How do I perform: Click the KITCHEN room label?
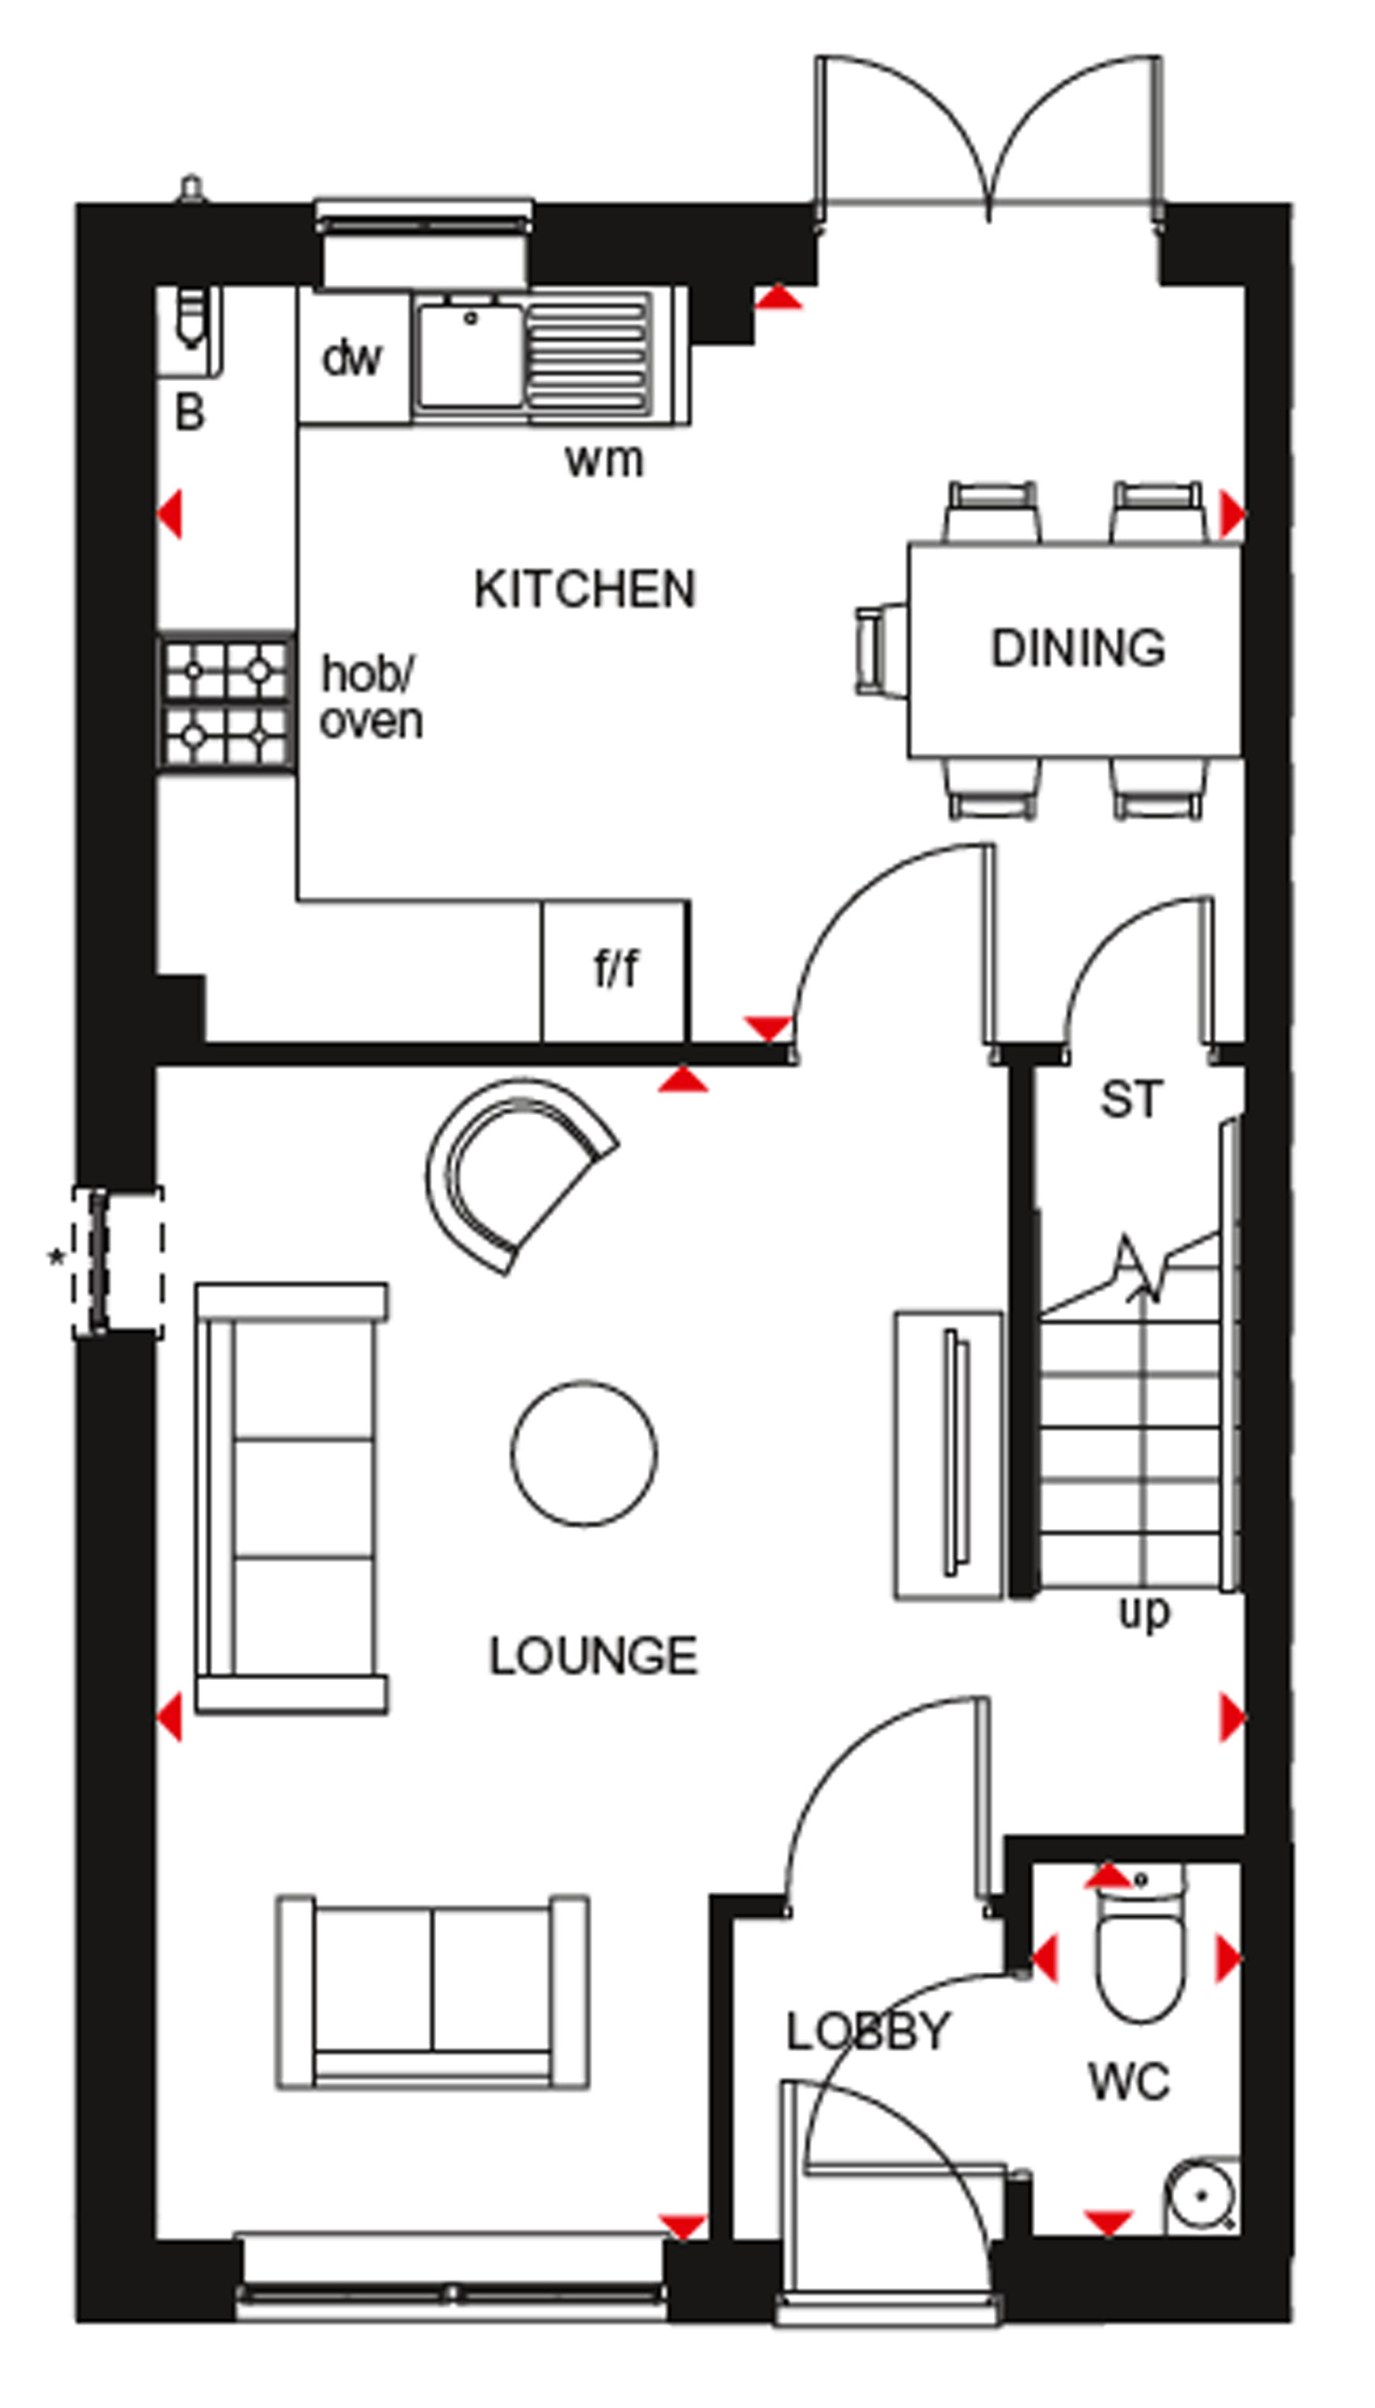coord(584,589)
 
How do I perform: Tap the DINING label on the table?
coord(1078,648)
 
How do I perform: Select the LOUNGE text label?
coord(593,1656)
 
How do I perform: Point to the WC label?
coord(1130,2081)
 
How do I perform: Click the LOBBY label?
coord(868,2031)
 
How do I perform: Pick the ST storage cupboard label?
coord(1131,1100)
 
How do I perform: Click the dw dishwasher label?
coord(351,357)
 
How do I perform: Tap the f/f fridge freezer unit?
coord(615,971)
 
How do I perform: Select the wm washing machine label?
coord(604,461)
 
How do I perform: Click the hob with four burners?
coord(227,703)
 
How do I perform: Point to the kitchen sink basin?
coord(471,354)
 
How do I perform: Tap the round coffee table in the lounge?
coord(584,1453)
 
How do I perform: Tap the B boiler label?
coord(189,412)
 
